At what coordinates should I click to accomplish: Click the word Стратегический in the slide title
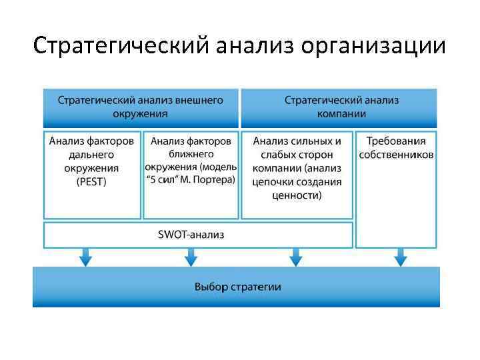[121, 47]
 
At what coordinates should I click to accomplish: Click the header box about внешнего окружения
[141, 107]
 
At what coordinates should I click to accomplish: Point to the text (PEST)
[92, 181]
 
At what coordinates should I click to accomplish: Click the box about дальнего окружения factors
[92, 175]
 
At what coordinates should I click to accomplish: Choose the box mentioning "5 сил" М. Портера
[191, 175]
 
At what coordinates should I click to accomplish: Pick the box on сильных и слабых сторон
[297, 175]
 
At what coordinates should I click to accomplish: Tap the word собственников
[396, 155]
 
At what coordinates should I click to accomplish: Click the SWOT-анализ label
[191, 235]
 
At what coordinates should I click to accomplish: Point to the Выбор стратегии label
[237, 287]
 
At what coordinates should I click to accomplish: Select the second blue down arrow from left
[191, 257]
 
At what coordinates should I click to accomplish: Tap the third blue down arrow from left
[296, 257]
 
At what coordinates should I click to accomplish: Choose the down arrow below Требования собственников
[401, 257]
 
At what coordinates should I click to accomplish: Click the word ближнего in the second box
[191, 154]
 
